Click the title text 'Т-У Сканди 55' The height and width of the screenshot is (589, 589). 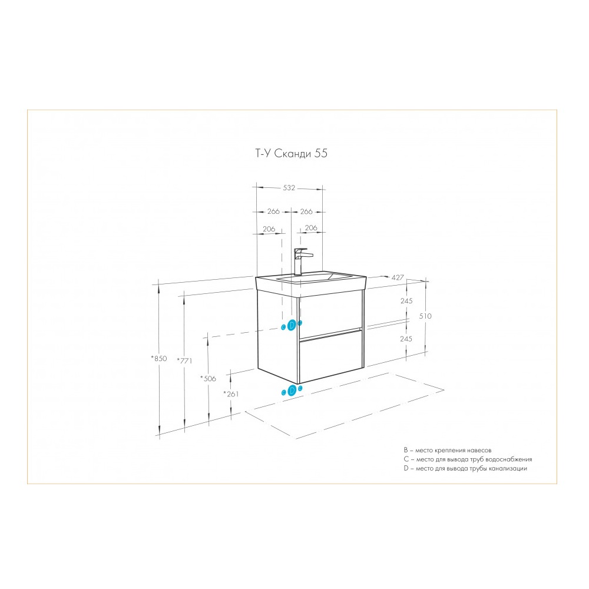[x=291, y=153]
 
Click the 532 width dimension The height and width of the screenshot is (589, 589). [x=289, y=188]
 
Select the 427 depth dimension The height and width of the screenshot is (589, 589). [x=398, y=277]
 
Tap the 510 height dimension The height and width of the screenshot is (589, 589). [x=425, y=316]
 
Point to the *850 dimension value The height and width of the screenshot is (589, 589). [x=159, y=358]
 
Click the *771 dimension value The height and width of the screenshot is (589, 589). [x=184, y=360]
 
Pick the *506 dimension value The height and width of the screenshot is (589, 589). [x=208, y=378]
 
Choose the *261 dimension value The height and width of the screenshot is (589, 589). [x=231, y=393]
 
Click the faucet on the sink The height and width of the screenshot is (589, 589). [x=301, y=262]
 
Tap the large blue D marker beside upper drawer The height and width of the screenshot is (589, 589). [x=292, y=326]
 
